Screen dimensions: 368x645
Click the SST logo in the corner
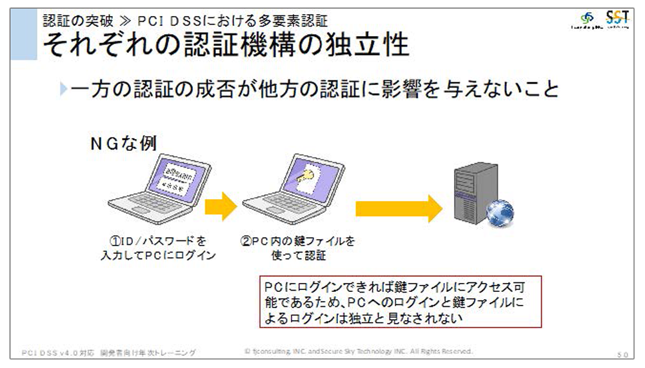pos(620,20)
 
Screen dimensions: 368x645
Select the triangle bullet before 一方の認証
pos(63,89)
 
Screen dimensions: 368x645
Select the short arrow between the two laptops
pos(221,206)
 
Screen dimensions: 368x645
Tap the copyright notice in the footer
pos(359,352)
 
